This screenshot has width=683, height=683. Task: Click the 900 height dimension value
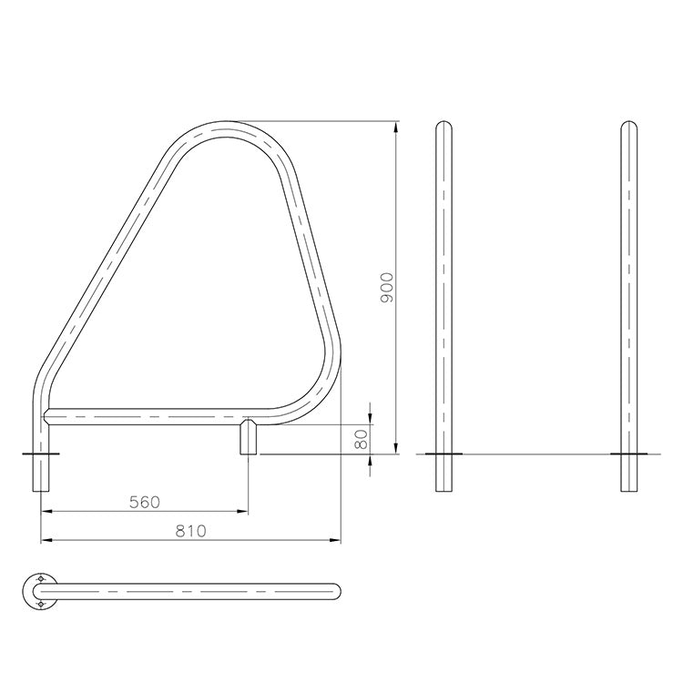click(x=386, y=288)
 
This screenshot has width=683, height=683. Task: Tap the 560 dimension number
click(x=145, y=502)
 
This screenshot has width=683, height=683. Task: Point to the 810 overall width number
click(x=190, y=531)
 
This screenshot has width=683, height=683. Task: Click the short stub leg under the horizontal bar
click(x=248, y=438)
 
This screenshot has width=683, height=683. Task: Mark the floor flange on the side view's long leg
click(x=40, y=453)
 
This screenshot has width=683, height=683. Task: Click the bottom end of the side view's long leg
click(x=40, y=490)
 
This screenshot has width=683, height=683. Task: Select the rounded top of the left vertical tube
click(x=443, y=125)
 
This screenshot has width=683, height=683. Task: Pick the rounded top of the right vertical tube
click(x=628, y=125)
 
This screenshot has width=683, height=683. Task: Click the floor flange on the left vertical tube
click(x=443, y=453)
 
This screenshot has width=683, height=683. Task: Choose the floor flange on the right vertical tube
click(x=628, y=453)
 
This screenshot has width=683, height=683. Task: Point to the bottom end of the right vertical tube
click(x=628, y=490)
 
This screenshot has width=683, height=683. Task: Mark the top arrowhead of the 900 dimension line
click(x=396, y=126)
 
